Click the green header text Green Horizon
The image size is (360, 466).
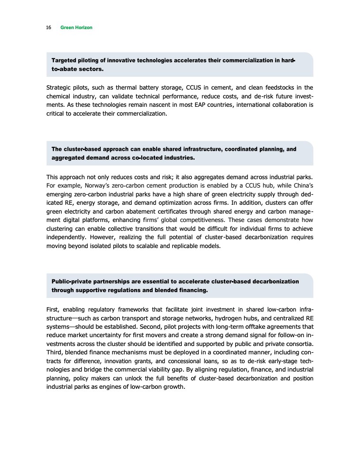[76, 28]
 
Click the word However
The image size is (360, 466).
[103, 237]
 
